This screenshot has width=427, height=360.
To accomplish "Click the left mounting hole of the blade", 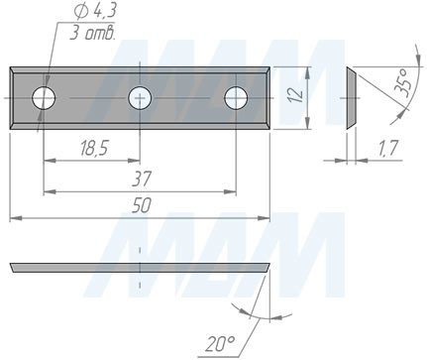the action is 44,98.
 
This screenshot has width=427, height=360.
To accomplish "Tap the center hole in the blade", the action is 140,98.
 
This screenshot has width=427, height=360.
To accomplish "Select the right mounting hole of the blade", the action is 236,98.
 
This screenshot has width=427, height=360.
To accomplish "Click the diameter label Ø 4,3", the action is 95,12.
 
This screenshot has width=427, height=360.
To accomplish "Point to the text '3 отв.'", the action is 92,33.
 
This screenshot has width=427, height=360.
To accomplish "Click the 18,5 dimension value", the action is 94,148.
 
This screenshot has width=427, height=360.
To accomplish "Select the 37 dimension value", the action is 142,179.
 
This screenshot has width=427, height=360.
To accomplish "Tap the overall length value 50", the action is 142,205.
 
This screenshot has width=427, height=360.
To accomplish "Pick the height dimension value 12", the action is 296,94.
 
